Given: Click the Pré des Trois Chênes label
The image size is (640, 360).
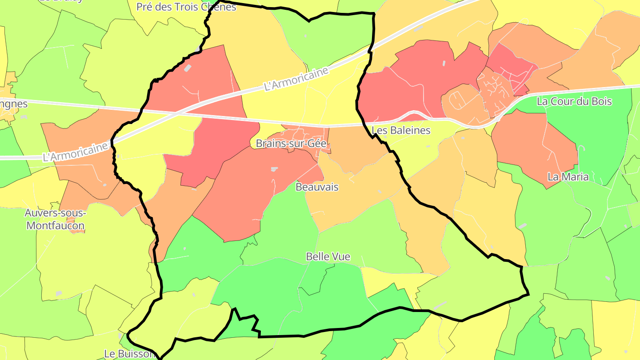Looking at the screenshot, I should click(186, 7).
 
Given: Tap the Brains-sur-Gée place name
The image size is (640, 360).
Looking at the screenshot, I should click(292, 144).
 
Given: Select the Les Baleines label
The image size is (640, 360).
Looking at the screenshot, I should click(401, 130).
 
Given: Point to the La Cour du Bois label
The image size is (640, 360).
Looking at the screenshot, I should click(574, 101).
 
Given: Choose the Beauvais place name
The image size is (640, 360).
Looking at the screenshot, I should click(317, 187).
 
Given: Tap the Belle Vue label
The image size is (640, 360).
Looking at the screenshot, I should click(328, 256).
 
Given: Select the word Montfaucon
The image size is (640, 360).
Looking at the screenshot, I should click(55, 226).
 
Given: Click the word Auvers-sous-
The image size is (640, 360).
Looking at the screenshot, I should click(55, 213).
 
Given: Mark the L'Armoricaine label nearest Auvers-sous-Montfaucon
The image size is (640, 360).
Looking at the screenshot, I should click(76, 152).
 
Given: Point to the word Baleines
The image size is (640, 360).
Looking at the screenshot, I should click(409, 130).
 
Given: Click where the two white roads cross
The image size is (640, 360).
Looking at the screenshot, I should click(178, 113).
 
